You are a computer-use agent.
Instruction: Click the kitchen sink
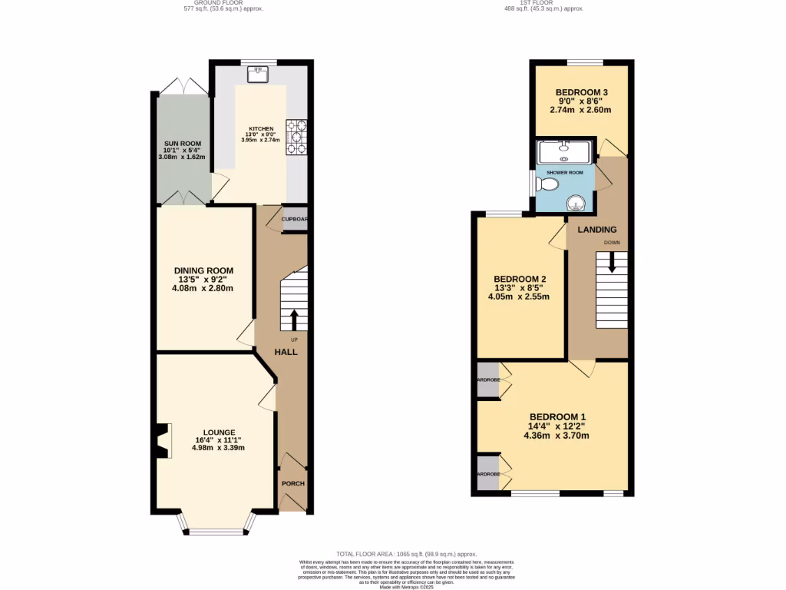pos(256,75)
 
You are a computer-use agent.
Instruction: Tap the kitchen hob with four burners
pos(296,136)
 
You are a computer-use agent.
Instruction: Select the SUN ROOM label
pos(181,144)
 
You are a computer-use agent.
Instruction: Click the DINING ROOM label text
pos(203,270)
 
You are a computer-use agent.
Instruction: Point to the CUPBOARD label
pos(295,219)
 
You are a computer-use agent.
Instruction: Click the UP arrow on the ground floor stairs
pos(294,319)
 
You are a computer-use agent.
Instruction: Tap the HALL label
pos(286,352)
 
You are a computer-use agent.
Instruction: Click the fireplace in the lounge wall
pos(161,442)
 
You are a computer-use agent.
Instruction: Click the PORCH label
pos(293,483)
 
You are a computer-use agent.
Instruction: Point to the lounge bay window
pos(214,530)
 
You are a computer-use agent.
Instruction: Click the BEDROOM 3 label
pos(580,92)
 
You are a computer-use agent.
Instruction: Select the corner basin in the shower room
pos(576,203)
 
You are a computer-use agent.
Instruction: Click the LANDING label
pos(597,230)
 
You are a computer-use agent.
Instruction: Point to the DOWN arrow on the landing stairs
pos(612,264)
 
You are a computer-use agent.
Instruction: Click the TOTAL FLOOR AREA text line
pos(407,554)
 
